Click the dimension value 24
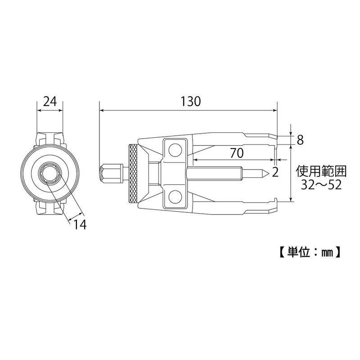[49, 101]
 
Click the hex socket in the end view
[49, 173]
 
